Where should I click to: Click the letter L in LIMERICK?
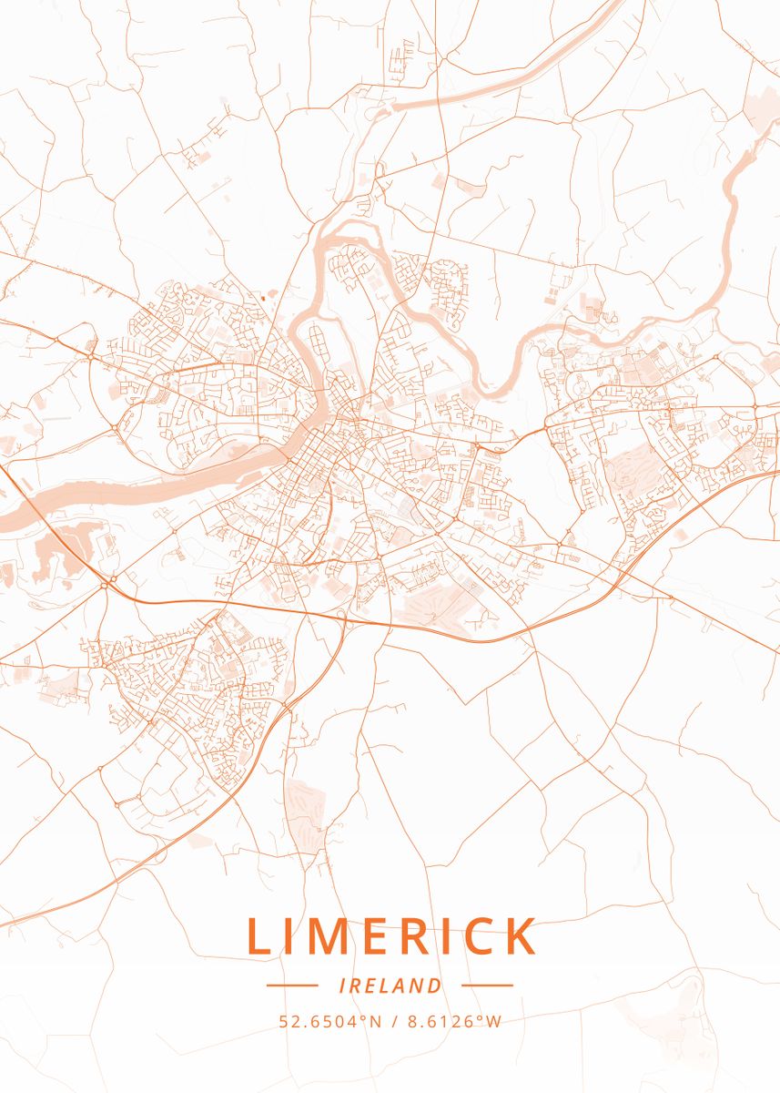258,936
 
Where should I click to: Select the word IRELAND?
390,986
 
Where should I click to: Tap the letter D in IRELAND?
436,986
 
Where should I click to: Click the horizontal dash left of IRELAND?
292,986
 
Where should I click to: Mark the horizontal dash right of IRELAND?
487,986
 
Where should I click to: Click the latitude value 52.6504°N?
330,1021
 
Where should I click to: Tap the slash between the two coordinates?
392,1021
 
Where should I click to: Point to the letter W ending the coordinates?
494,1021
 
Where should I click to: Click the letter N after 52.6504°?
375,1021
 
